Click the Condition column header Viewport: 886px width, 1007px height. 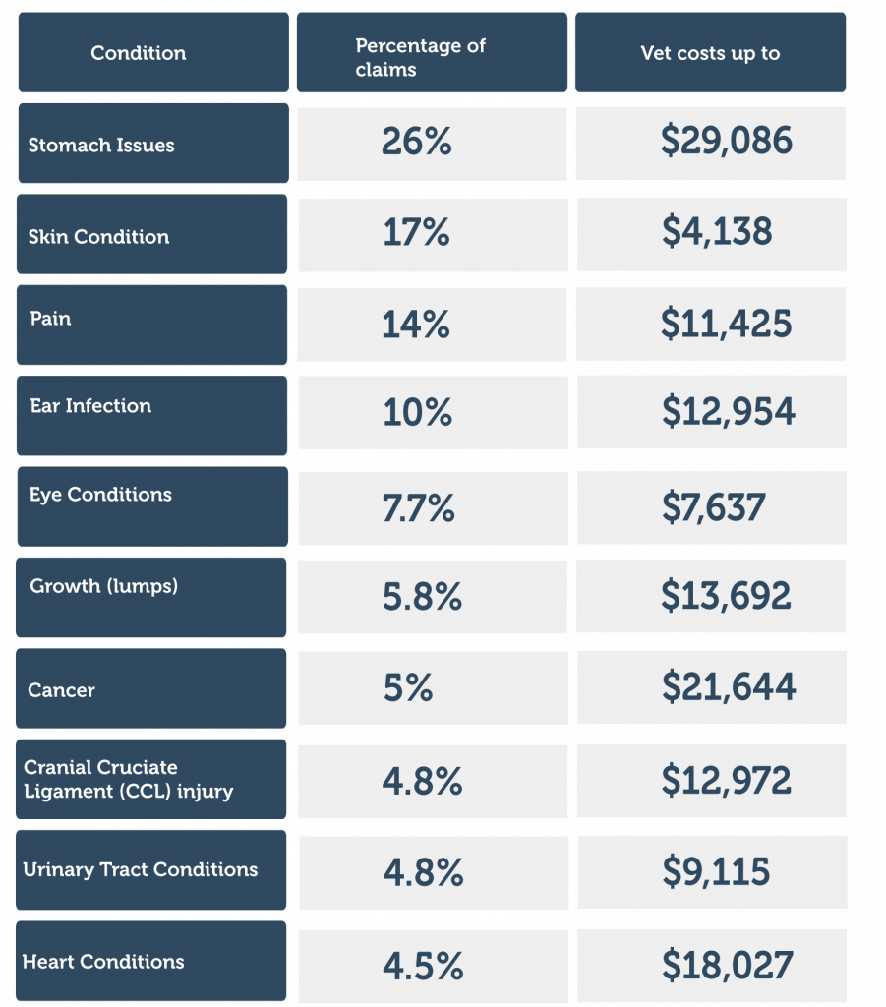pyautogui.click(x=139, y=53)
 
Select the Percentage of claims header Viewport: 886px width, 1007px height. pyautogui.click(x=421, y=57)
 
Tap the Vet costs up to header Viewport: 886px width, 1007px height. pyautogui.click(x=710, y=53)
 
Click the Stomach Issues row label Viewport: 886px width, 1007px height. pyautogui.click(x=101, y=145)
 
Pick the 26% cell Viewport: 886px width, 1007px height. pyautogui.click(x=417, y=143)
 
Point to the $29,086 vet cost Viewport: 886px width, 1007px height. pyautogui.click(x=726, y=143)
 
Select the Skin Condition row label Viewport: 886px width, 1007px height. pyautogui.click(x=98, y=236)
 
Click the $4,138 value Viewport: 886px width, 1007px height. pyautogui.click(x=716, y=232)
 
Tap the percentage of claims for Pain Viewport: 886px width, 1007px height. pyautogui.click(x=416, y=325)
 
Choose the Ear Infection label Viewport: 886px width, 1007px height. pyautogui.click(x=90, y=405)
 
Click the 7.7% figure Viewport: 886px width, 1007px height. pyautogui.click(x=418, y=507)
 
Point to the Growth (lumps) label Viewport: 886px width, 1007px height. pyautogui.click(x=104, y=586)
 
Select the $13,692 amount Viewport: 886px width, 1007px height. pyautogui.click(x=726, y=596)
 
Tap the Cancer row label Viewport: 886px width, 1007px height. pyautogui.click(x=62, y=690)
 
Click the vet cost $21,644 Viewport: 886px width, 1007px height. pyautogui.click(x=728, y=687)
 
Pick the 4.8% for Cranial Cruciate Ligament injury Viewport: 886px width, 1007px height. pyautogui.click(x=422, y=781)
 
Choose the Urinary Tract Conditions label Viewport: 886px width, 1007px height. pyautogui.click(x=141, y=869)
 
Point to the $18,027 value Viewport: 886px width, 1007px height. pyautogui.click(x=727, y=965)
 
